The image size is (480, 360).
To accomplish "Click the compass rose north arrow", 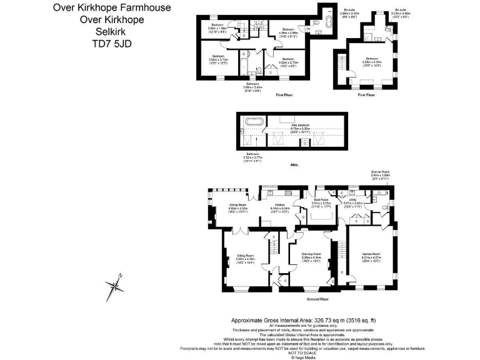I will click(114, 286).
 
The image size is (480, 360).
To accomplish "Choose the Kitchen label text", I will click(277, 206).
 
